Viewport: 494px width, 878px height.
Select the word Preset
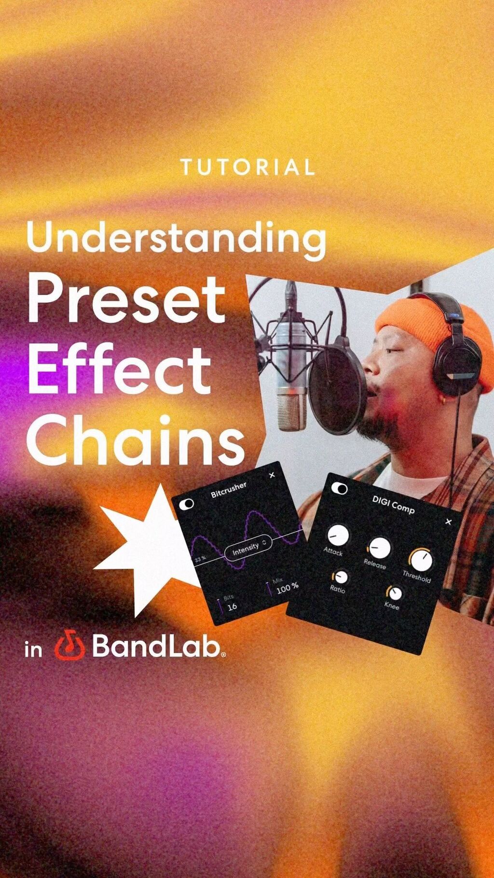click(x=127, y=300)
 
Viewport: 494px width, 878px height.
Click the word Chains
click(x=136, y=440)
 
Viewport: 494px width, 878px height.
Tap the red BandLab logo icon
click(x=70, y=646)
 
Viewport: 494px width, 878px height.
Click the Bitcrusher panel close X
click(x=272, y=475)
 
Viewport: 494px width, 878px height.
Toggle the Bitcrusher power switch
click(x=186, y=504)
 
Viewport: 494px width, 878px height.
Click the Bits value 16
click(x=232, y=606)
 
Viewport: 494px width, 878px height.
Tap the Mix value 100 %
click(x=288, y=588)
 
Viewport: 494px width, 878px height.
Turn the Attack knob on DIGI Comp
click(x=338, y=535)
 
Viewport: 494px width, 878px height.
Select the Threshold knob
click(x=422, y=560)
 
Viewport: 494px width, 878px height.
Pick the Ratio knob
click(x=341, y=576)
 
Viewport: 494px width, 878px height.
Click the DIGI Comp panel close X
click(x=449, y=521)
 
